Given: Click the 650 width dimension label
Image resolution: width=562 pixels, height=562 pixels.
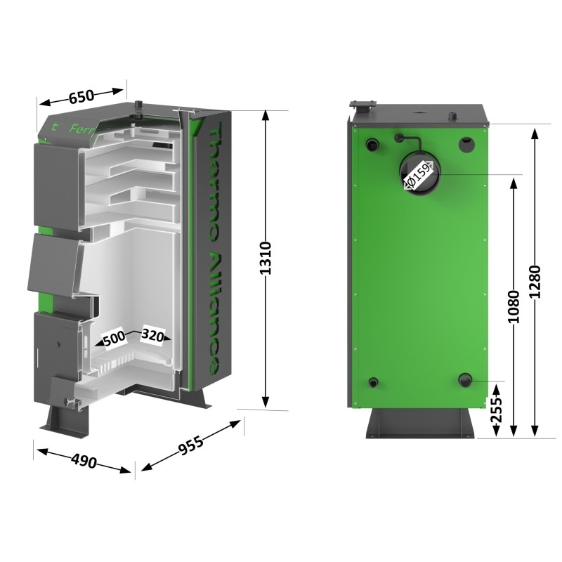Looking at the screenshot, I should tap(81, 98).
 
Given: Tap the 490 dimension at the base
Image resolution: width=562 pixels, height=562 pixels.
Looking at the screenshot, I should tap(84, 461).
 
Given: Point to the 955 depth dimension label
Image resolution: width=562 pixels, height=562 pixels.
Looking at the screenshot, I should tap(190, 445).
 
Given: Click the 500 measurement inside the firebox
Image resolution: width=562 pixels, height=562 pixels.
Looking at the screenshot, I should tap(114, 339).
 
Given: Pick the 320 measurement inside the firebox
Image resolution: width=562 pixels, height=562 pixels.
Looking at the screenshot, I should tap(152, 336).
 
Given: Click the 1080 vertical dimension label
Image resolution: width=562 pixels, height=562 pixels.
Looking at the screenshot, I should tap(514, 306).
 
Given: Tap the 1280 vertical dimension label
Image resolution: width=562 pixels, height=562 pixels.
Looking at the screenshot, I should tap(535, 281).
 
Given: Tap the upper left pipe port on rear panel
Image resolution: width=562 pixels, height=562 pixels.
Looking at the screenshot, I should tap(371, 144).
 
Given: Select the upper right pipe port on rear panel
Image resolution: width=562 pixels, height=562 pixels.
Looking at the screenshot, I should tap(466, 144).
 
